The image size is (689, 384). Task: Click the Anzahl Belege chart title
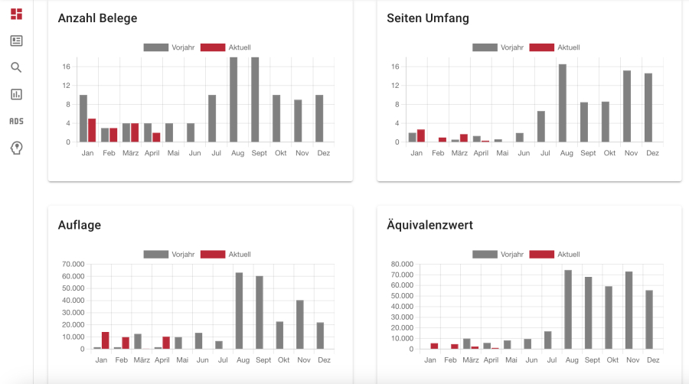(x=97, y=18)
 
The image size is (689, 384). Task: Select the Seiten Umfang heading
(x=428, y=18)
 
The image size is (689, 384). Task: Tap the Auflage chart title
(x=80, y=225)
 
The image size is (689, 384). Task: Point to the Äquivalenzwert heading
(x=429, y=225)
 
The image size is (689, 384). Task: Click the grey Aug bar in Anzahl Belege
(x=233, y=99)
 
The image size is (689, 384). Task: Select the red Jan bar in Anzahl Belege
(x=92, y=130)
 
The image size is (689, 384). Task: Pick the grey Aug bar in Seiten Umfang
(x=563, y=103)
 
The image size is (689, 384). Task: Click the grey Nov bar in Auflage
(x=300, y=324)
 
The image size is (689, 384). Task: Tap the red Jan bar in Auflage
(x=105, y=340)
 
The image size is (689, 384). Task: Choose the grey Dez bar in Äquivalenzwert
(x=648, y=320)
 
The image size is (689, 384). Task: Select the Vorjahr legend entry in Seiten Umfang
(x=498, y=47)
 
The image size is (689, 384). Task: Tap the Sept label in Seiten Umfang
(x=588, y=153)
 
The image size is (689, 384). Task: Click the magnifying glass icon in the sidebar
(x=16, y=67)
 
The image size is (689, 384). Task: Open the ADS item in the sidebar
(x=16, y=121)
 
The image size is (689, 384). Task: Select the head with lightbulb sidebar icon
(x=16, y=148)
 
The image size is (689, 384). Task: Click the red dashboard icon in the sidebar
(x=16, y=14)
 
